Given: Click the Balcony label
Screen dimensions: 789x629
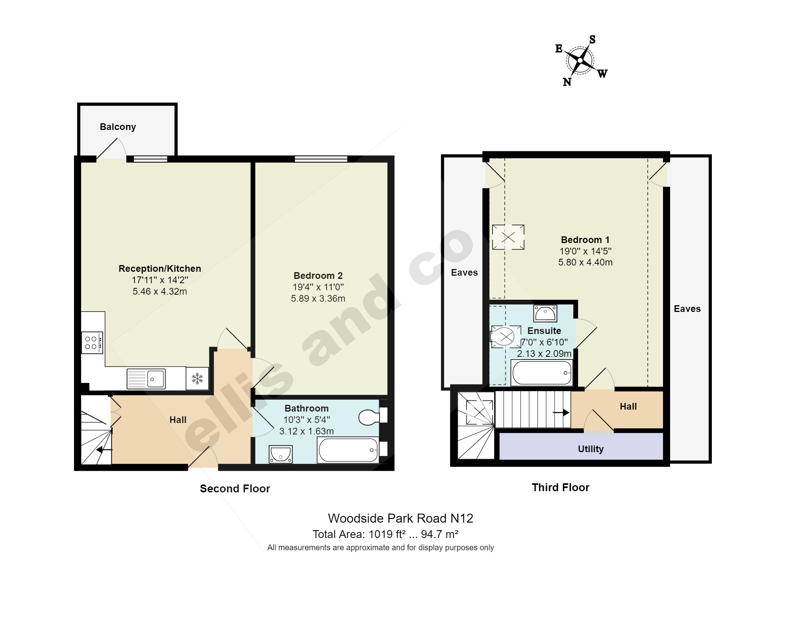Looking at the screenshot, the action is [x=118, y=127].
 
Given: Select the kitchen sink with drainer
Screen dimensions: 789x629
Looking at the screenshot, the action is [x=146, y=379].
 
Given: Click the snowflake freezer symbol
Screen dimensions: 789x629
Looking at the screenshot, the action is [x=197, y=379].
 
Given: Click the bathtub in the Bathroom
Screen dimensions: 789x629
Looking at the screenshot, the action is [x=348, y=450].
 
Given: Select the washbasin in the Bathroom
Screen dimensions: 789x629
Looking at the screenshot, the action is [x=281, y=454].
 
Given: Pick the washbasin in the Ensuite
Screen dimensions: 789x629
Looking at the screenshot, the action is [x=545, y=314].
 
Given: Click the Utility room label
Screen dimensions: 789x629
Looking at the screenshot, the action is [x=591, y=449].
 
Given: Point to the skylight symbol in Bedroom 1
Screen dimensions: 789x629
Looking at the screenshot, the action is [x=508, y=237].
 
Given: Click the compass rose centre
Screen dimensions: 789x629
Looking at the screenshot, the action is [x=580, y=60].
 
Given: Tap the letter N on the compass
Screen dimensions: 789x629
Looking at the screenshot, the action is [x=567, y=82].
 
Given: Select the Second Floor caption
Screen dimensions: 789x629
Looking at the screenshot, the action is [x=235, y=489].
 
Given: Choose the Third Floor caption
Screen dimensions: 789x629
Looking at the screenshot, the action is [x=561, y=488].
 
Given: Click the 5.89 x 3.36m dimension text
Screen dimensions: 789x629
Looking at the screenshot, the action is [x=318, y=299].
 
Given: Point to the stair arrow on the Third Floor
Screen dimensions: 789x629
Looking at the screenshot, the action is [x=561, y=413].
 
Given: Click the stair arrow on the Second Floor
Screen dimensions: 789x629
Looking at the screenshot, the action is [x=104, y=449].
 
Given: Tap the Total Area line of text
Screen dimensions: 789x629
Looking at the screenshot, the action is [x=385, y=534].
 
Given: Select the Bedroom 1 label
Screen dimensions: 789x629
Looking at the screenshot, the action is [x=585, y=240].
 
